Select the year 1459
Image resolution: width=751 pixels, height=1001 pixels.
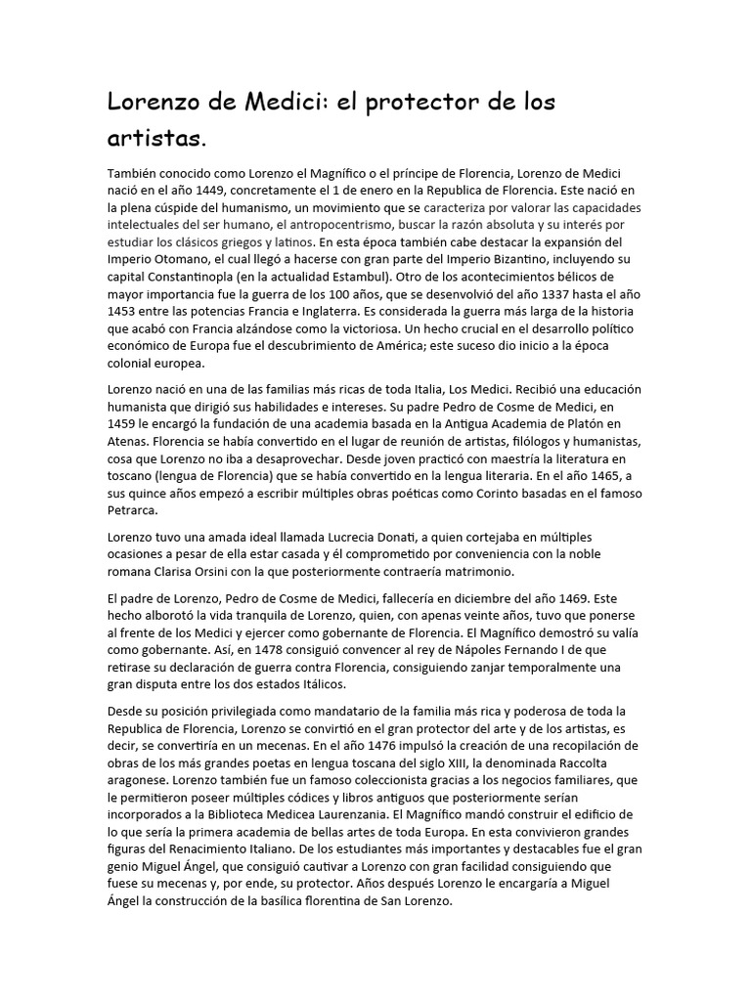[x=127, y=424]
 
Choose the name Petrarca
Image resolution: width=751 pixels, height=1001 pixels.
[x=135, y=509]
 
